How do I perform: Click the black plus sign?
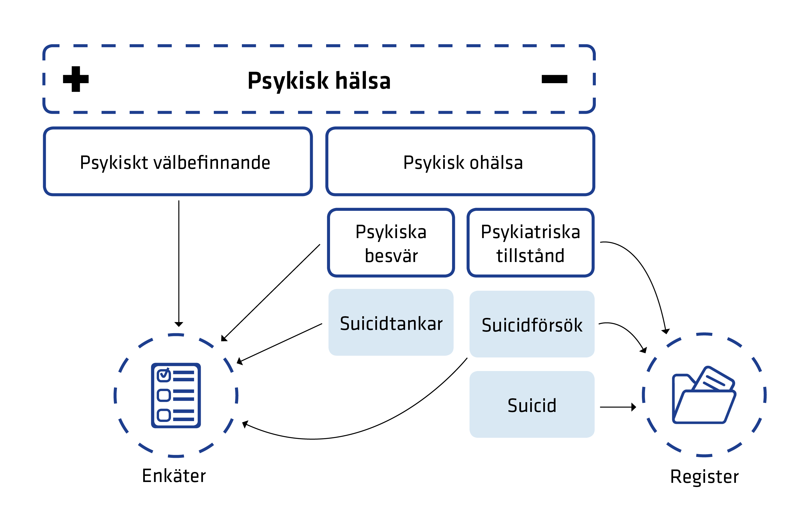76,79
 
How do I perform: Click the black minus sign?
554,79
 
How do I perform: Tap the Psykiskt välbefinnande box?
178,162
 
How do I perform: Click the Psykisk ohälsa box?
460,162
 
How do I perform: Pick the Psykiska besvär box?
391,243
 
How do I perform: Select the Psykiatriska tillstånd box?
530,243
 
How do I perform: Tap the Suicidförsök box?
532,324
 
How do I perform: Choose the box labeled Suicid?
532,405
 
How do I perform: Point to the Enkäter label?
174,476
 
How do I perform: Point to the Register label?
704,476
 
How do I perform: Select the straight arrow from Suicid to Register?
617,407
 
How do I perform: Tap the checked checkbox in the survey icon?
164,375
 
